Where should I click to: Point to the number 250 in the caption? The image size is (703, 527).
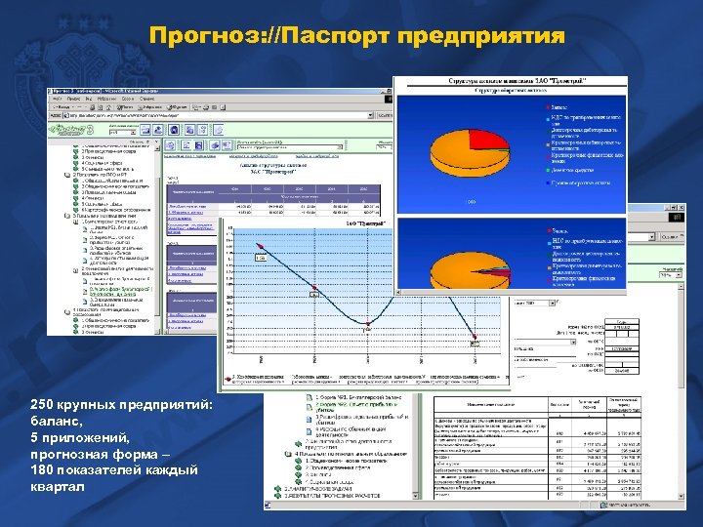pos(43,405)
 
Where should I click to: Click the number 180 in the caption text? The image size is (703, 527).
pos(43,471)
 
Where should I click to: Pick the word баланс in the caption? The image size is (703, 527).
pos(61,422)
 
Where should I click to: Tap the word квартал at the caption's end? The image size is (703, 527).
pos(58,488)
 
